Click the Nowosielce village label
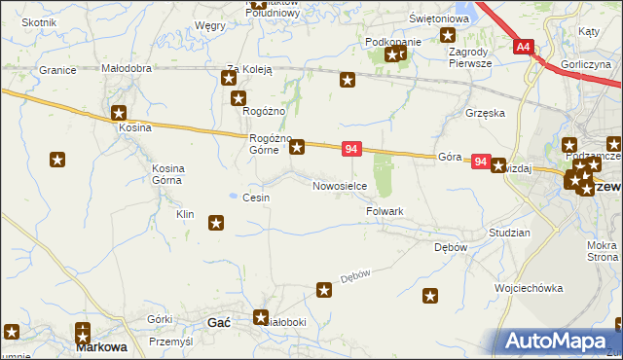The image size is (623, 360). click(x=339, y=186)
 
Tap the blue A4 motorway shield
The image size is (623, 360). click(x=524, y=46)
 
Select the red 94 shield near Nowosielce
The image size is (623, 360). click(x=352, y=149)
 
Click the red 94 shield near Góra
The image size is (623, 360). click(x=480, y=162)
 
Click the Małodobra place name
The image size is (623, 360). click(x=127, y=69)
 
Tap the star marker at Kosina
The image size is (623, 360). click(x=120, y=113)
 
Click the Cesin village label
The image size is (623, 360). click(x=256, y=198)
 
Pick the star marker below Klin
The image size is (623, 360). click(x=216, y=224)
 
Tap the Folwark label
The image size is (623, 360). click(x=385, y=211)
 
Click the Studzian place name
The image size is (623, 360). click(x=509, y=234)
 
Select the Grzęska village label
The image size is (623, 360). click(x=485, y=113)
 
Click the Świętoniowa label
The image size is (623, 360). click(x=432, y=19)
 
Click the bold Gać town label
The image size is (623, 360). click(x=219, y=323)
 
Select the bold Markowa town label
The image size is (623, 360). click(x=103, y=346)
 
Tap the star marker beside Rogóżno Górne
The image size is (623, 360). click(x=298, y=147)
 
